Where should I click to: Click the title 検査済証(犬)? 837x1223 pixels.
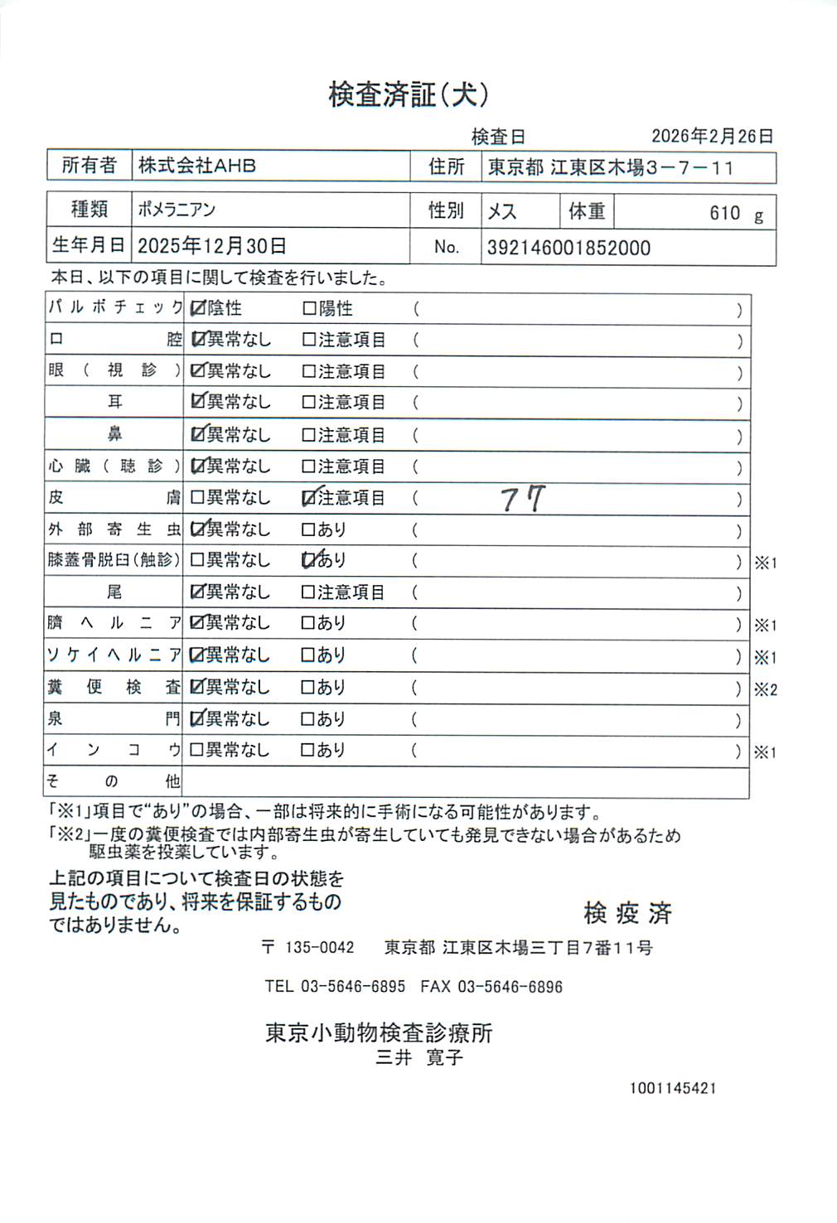click(409, 94)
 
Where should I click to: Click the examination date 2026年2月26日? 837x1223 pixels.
click(712, 136)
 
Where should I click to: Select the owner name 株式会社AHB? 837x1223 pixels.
click(197, 166)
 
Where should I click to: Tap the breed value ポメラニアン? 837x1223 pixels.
click(177, 210)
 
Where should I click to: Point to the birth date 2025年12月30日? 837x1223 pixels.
click(212, 246)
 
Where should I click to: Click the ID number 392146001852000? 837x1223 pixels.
click(568, 248)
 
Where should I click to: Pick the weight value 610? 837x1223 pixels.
click(724, 213)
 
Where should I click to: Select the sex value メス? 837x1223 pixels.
click(502, 211)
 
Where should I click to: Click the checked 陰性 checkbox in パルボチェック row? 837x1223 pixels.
click(197, 308)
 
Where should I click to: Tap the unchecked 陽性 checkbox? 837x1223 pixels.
click(309, 308)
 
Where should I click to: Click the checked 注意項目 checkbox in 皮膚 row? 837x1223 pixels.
click(309, 497)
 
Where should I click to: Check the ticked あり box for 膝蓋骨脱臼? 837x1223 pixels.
click(309, 560)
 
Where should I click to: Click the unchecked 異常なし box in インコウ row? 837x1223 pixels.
click(197, 750)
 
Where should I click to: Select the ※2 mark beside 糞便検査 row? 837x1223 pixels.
click(765, 689)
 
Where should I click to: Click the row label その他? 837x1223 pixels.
click(114, 781)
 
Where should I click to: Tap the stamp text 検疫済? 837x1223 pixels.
click(627, 913)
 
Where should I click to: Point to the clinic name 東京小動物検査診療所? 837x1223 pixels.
click(379, 1032)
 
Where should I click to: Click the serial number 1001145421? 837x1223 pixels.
click(673, 1088)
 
